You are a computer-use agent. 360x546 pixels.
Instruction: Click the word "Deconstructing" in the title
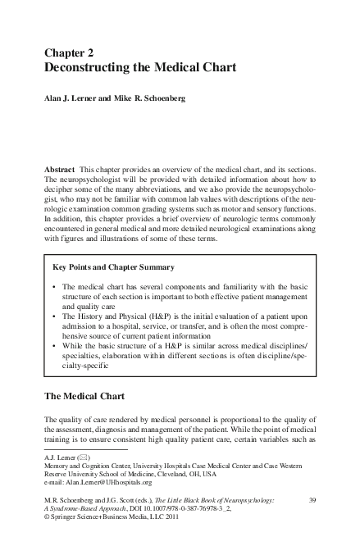pyautogui.click(x=98, y=68)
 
